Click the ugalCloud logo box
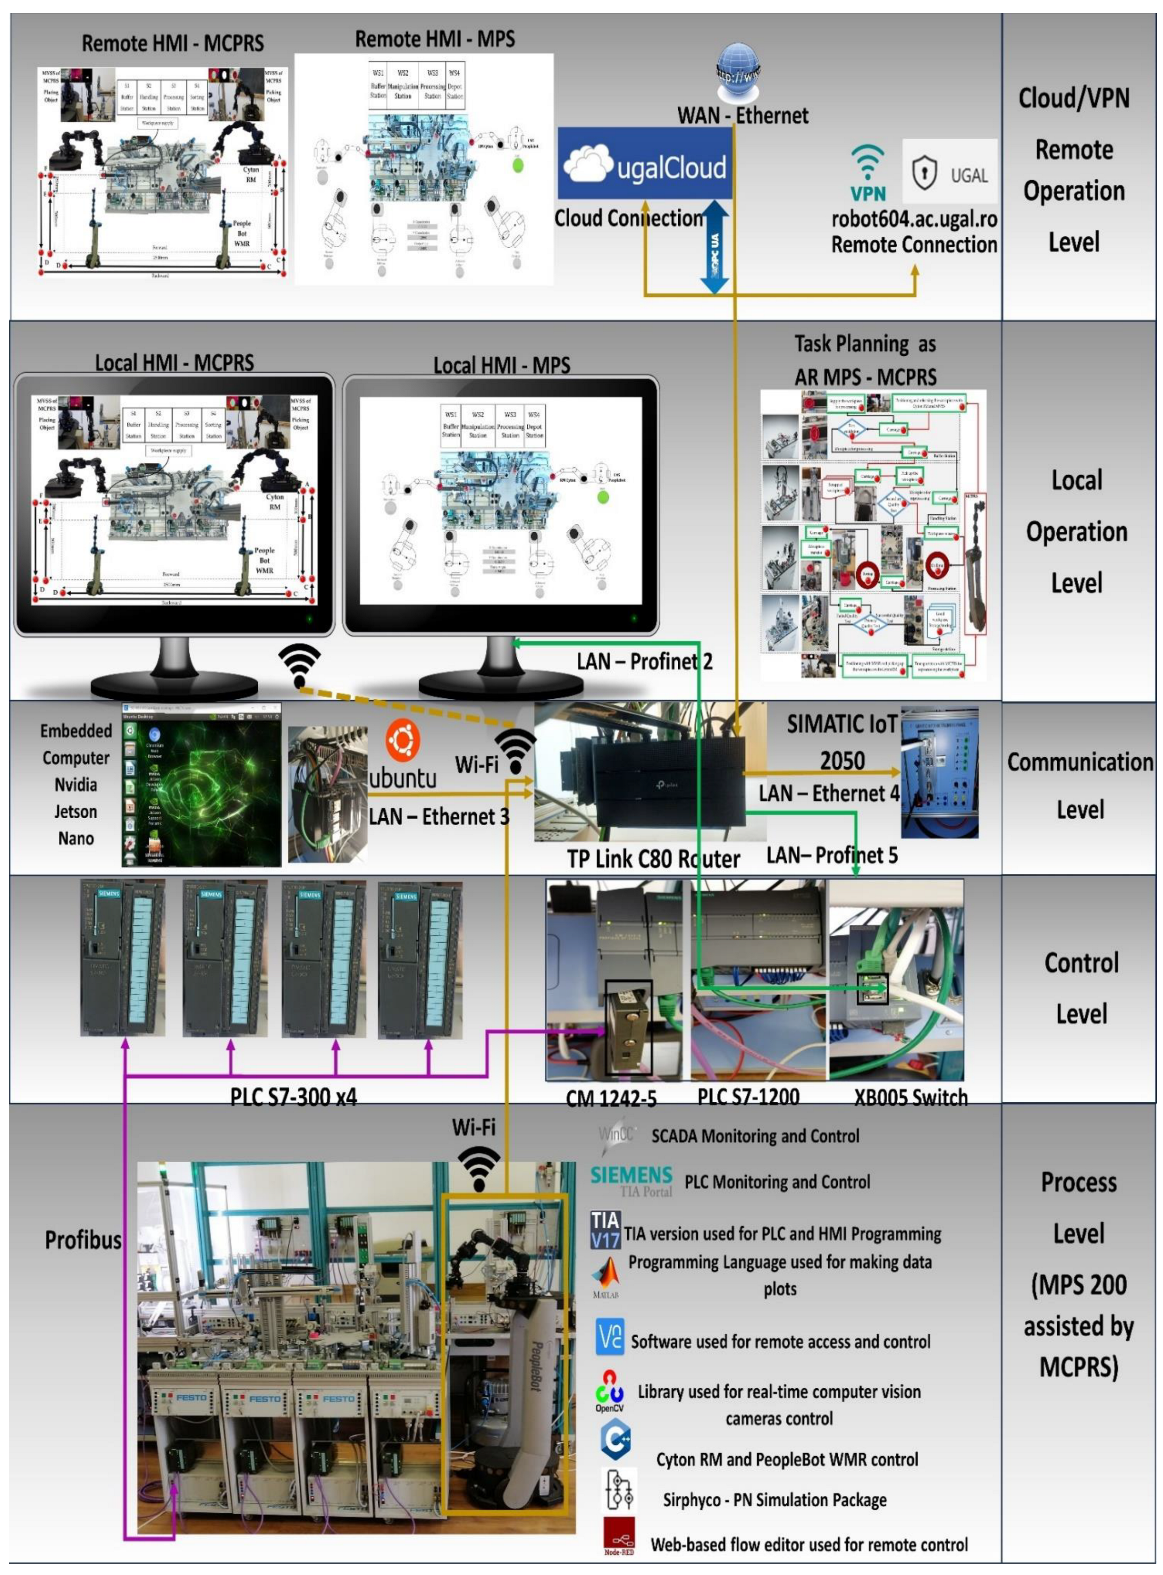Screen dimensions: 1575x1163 [644, 163]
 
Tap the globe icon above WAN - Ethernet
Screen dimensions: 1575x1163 [737, 71]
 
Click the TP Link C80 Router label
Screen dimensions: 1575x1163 [653, 859]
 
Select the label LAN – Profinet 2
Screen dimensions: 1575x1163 [644, 662]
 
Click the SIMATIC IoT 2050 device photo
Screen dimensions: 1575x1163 [939, 772]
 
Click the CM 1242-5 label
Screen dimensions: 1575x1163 [611, 1098]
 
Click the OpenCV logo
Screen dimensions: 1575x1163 [609, 1391]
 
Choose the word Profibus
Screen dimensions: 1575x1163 [83, 1240]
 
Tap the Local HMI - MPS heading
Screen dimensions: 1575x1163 [501, 365]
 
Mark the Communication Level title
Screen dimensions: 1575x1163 [1080, 785]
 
